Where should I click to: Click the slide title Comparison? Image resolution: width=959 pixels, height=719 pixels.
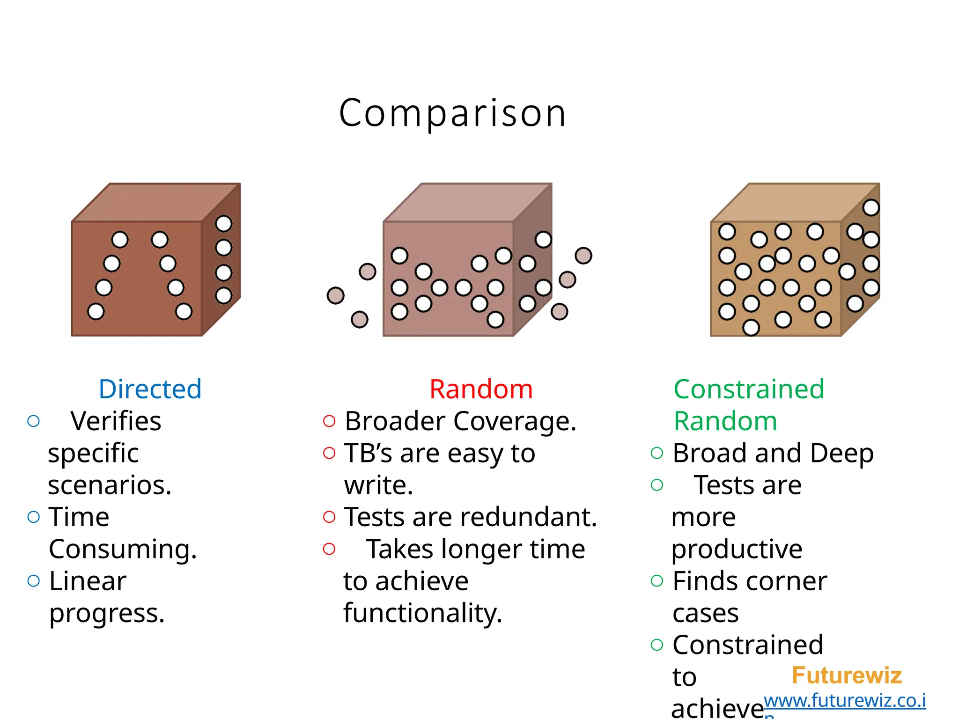click(452, 113)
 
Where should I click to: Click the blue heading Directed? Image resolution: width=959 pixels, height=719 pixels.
click(150, 389)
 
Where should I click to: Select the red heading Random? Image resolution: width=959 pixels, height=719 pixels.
click(481, 389)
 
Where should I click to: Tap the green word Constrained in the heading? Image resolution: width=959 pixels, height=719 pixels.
click(748, 389)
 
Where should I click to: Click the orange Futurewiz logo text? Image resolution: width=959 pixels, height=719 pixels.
click(846, 675)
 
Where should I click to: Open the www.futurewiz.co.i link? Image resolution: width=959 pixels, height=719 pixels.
click(844, 701)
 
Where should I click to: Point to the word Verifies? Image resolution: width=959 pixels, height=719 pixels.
click(116, 421)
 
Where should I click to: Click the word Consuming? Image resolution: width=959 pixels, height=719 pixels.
click(123, 549)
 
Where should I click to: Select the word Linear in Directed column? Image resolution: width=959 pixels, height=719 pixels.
click(88, 581)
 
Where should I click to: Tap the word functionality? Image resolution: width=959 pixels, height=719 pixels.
click(422, 613)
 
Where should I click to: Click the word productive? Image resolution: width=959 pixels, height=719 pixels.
click(737, 549)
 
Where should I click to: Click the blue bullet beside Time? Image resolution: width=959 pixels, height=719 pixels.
click(34, 517)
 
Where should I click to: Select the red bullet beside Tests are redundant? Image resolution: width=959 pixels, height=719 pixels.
click(329, 517)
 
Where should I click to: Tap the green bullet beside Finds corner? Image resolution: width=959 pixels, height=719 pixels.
click(657, 581)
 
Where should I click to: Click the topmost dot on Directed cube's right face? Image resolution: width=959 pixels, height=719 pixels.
click(223, 224)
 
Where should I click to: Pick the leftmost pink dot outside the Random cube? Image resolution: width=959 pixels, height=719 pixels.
click(335, 295)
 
